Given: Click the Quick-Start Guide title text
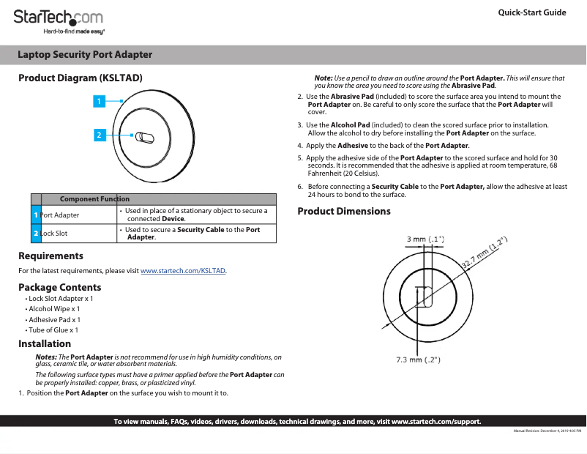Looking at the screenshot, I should tap(531, 12).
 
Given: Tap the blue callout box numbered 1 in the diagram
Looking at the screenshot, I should tap(97, 102).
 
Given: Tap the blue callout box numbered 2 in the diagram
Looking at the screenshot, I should tap(97, 134).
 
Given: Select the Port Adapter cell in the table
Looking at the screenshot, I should tap(60, 215).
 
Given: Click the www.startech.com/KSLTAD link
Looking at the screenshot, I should tap(183, 271).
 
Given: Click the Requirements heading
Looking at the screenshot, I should tap(51, 256).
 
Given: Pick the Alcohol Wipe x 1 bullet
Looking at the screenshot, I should tap(54, 309).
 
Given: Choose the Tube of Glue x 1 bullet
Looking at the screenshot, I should tap(53, 330).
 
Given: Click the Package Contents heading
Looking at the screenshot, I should tap(60, 287).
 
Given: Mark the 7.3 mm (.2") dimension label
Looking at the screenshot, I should tap(417, 360).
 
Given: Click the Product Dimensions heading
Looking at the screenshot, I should tap(344, 212).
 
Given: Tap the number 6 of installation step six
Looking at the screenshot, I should tap(300, 187).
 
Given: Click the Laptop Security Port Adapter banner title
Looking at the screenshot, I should tap(85, 55).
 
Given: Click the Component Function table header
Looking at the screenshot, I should tap(94, 199).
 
